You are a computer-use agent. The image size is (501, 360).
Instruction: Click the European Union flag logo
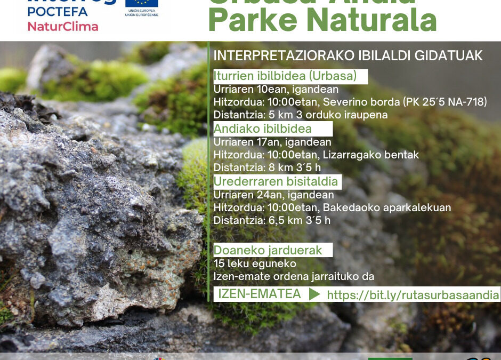click(142, 4)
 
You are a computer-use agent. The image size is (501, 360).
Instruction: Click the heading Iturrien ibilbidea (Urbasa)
click(285, 76)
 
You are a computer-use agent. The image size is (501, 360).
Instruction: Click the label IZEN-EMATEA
click(260, 294)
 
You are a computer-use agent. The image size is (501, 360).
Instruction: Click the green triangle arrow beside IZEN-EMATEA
click(314, 294)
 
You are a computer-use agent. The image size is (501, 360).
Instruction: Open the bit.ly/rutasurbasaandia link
click(413, 295)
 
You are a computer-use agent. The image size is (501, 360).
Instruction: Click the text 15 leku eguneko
click(247, 263)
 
